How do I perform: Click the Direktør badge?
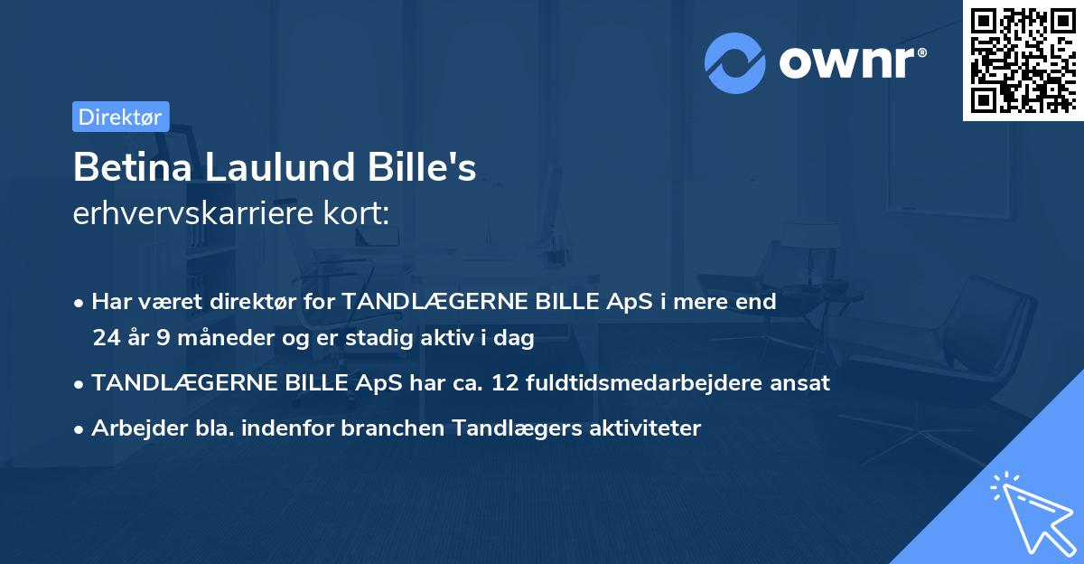(120, 117)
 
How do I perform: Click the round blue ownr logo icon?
(735, 63)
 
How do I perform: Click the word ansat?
(801, 383)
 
